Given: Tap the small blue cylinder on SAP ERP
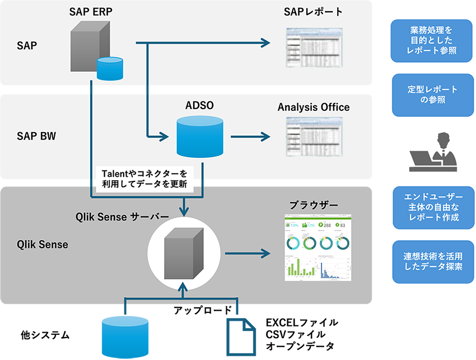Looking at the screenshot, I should (x=109, y=68).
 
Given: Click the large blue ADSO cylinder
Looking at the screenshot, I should (x=199, y=137).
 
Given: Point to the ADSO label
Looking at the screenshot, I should (x=199, y=106).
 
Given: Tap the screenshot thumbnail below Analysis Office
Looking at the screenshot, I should (x=313, y=137).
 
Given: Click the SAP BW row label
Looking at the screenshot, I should (x=35, y=136).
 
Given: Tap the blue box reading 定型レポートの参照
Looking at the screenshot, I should (x=432, y=95).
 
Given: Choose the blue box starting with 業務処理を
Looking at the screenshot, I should (x=432, y=41).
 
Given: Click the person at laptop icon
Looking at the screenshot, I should (x=432, y=152).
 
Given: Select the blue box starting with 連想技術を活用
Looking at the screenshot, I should (x=432, y=261).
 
